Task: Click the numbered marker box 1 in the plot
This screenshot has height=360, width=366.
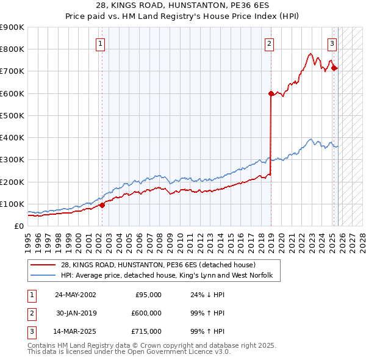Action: pos(100,43)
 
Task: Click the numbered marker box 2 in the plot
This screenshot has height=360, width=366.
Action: pos(269,43)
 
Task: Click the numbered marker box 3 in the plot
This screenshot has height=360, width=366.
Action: pos(332,43)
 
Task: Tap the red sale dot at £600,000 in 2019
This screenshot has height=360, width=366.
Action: pos(271,93)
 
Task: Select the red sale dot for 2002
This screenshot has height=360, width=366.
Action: pos(102,205)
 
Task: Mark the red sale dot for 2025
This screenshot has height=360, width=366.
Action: pos(334,68)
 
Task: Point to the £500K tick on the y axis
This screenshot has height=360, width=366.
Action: pos(12,115)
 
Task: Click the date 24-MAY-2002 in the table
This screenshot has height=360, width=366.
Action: pos(75,295)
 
